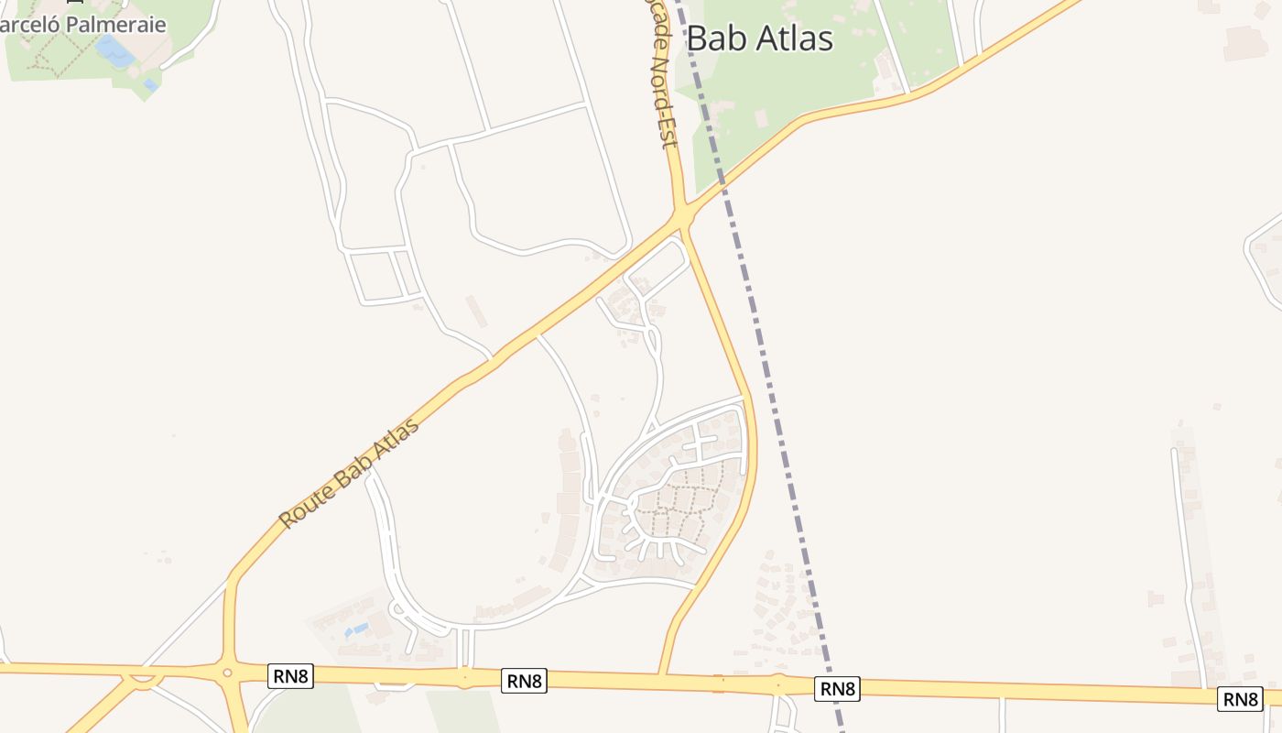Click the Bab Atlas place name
(x=759, y=38)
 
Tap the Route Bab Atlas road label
(x=349, y=474)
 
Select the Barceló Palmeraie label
(x=83, y=25)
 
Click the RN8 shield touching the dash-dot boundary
(x=837, y=688)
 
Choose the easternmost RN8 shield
(x=1240, y=699)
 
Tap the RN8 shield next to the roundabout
(x=291, y=677)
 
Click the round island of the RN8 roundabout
(x=227, y=673)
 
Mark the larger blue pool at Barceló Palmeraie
(x=114, y=49)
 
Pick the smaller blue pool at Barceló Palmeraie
(x=149, y=84)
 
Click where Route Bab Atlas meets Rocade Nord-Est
(x=681, y=218)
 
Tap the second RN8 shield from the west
(x=525, y=681)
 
